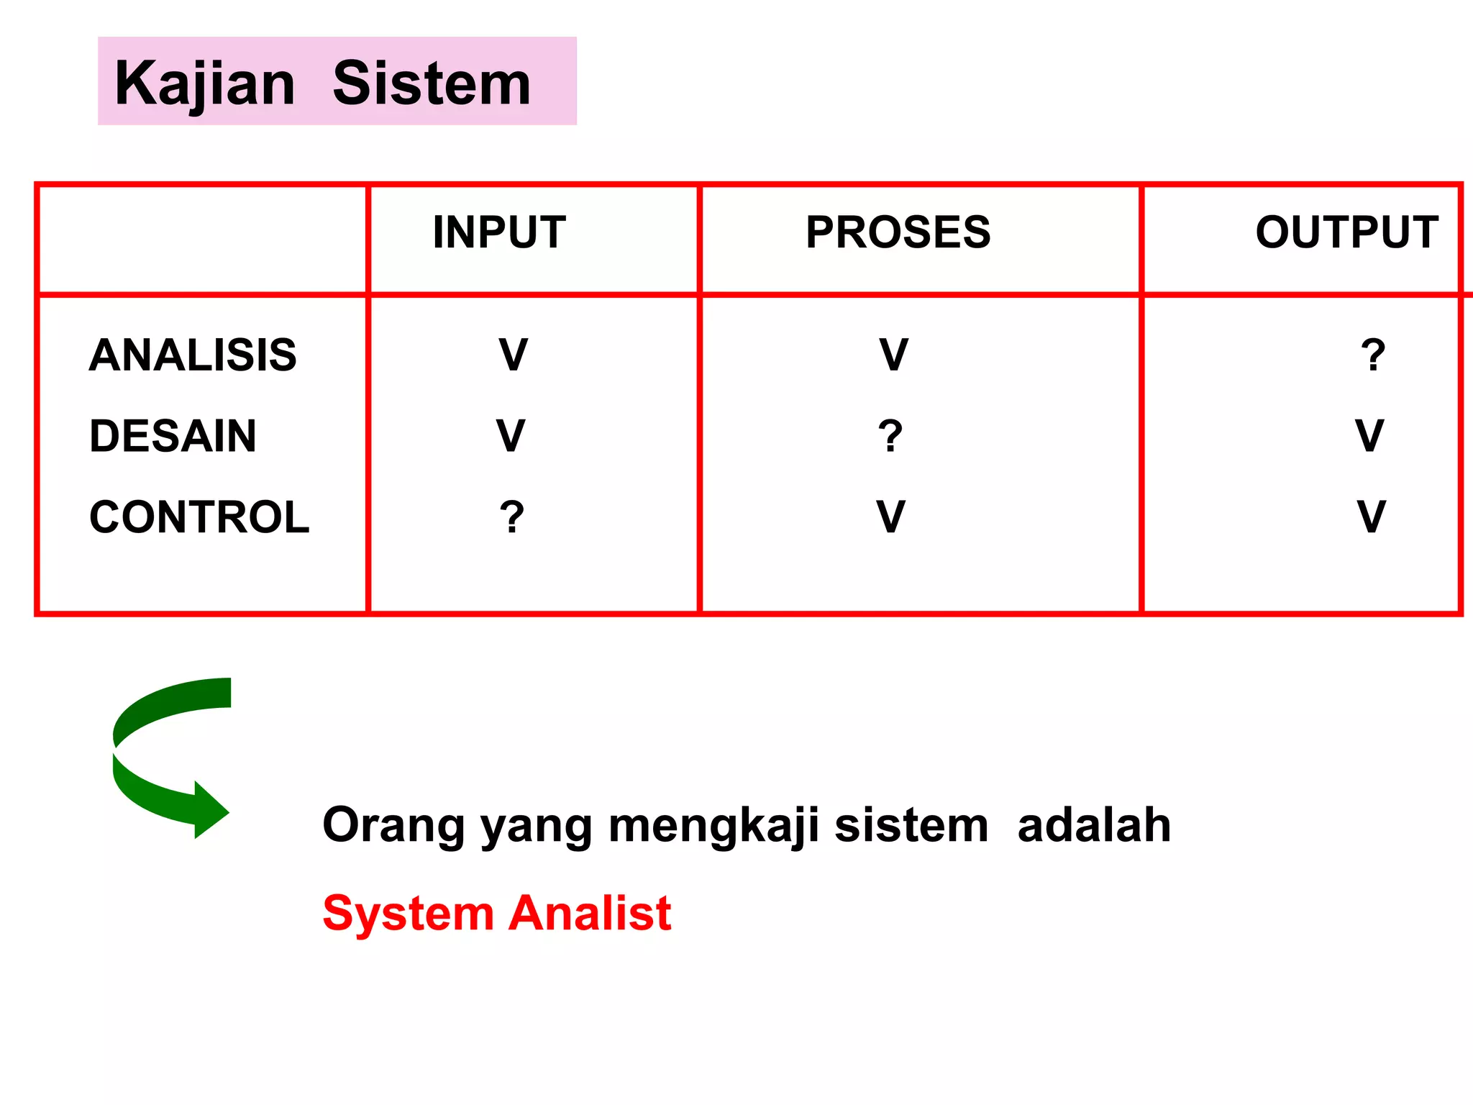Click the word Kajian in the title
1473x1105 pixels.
pyautogui.click(x=205, y=84)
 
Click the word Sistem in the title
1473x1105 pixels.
pyautogui.click(x=432, y=84)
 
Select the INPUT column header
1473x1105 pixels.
pyautogui.click(x=499, y=232)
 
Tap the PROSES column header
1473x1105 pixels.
pyautogui.click(x=898, y=232)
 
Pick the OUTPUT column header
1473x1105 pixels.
pyautogui.click(x=1346, y=232)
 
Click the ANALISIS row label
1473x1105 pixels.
pyautogui.click(x=193, y=355)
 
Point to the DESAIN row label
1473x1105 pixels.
pyautogui.click(x=173, y=436)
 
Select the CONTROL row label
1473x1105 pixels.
pyautogui.click(x=199, y=517)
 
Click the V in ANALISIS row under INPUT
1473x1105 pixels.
pyautogui.click(x=514, y=355)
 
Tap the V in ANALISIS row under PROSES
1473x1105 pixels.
pyautogui.click(x=894, y=355)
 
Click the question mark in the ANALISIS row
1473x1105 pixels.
pyautogui.click(x=1372, y=355)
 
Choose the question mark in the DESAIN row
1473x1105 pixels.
pyautogui.click(x=890, y=436)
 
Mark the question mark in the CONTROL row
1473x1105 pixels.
pyautogui.click(x=512, y=517)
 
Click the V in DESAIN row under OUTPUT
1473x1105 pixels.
pyautogui.click(x=1369, y=436)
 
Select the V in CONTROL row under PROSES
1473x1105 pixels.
pyautogui.click(x=890, y=517)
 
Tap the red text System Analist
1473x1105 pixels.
pyautogui.click(x=497, y=913)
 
